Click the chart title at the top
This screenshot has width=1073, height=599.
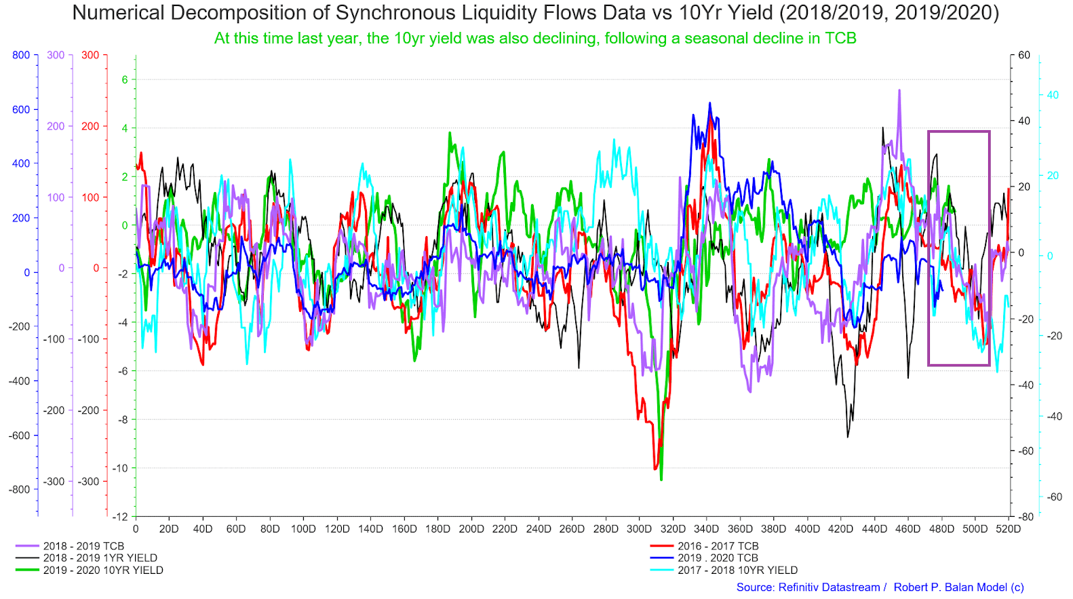pyautogui.click(x=535, y=13)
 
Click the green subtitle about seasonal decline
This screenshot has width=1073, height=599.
pyautogui.click(x=535, y=39)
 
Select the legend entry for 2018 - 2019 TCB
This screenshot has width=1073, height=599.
pyautogui.click(x=83, y=546)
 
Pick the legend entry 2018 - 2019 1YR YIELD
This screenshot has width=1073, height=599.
pyautogui.click(x=100, y=558)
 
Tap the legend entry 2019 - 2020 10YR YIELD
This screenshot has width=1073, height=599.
pyautogui.click(x=103, y=571)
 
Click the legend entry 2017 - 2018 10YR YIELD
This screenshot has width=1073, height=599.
pyautogui.click(x=737, y=571)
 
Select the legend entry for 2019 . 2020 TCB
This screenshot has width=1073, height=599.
pyautogui.click(x=718, y=558)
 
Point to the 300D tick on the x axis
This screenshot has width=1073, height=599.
pyautogui.click(x=639, y=529)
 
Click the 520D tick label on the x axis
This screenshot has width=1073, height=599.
pyautogui.click(x=1008, y=529)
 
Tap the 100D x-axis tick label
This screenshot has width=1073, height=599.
pyautogui.click(x=303, y=529)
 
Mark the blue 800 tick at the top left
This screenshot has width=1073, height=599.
pyautogui.click(x=21, y=55)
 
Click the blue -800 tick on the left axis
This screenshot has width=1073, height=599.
pyautogui.click(x=19, y=490)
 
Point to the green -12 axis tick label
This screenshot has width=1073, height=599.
pyautogui.click(x=119, y=517)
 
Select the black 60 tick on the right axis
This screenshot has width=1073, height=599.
pyautogui.click(x=1023, y=55)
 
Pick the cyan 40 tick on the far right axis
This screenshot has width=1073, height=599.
pyautogui.click(x=1052, y=95)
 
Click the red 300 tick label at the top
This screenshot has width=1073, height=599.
pyautogui.click(x=90, y=55)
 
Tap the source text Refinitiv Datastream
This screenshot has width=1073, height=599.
pyautogui.click(x=808, y=587)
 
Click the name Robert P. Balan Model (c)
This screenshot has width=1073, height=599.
pyautogui.click(x=958, y=587)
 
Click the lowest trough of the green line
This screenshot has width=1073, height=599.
pyautogui.click(x=661, y=480)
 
